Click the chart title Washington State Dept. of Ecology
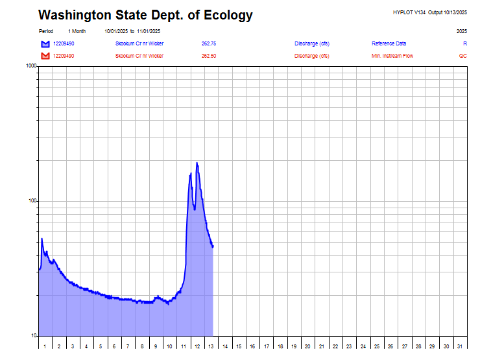[145, 15]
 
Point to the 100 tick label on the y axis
[32, 201]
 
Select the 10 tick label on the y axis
[33, 336]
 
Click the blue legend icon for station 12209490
[45, 43]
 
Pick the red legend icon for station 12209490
[45, 56]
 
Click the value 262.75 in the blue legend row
[209, 43]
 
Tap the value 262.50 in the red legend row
[209, 56]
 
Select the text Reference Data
[389, 43]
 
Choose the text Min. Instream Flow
[392, 56]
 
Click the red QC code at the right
[462, 56]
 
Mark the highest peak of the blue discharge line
[197, 163]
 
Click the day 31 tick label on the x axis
[460, 346]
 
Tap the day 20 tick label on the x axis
[308, 346]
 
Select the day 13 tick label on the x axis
[211, 346]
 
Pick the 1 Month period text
[77, 31]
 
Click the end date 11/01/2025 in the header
[149, 31]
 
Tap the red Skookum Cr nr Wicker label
[139, 56]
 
